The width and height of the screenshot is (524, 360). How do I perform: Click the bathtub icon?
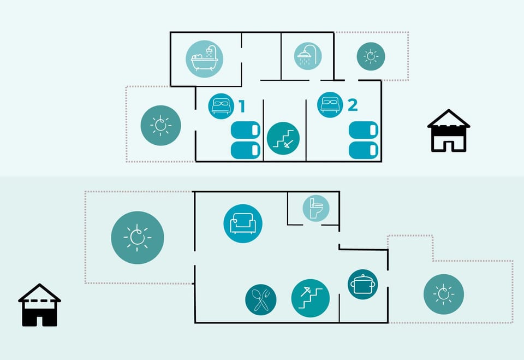pos(204,59)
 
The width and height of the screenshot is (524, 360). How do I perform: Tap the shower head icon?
pos(308,56)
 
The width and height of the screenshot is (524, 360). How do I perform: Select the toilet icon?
pos(316,209)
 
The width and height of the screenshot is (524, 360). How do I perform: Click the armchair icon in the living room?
pos(243,223)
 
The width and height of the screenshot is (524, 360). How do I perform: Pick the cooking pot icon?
pos(363,285)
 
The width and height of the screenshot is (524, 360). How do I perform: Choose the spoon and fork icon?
pos(261,300)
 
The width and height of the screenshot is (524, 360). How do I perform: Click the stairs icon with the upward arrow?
pos(311,298)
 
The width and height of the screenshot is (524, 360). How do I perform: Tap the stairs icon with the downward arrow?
pos(283,138)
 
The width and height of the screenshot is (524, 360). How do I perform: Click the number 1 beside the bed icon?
pos(242,107)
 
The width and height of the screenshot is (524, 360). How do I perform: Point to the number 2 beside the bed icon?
pos(353,105)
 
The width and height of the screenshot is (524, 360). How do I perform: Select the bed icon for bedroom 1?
pos(221,107)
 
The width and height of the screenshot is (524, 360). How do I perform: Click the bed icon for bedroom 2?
pos(330,105)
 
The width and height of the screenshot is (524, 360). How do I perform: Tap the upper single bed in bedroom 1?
pos(246,130)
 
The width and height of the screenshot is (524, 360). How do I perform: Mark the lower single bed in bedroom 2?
pos(364,150)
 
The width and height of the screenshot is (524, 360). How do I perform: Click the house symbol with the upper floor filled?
pos(449,131)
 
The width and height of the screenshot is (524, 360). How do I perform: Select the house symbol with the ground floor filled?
pos(39,305)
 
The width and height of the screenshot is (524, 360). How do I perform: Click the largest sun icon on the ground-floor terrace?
pos(138,238)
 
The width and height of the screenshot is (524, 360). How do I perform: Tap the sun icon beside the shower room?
pos(371,56)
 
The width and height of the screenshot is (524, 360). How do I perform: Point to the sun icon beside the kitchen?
pos(443,294)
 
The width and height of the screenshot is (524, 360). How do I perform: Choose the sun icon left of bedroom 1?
pos(160,126)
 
